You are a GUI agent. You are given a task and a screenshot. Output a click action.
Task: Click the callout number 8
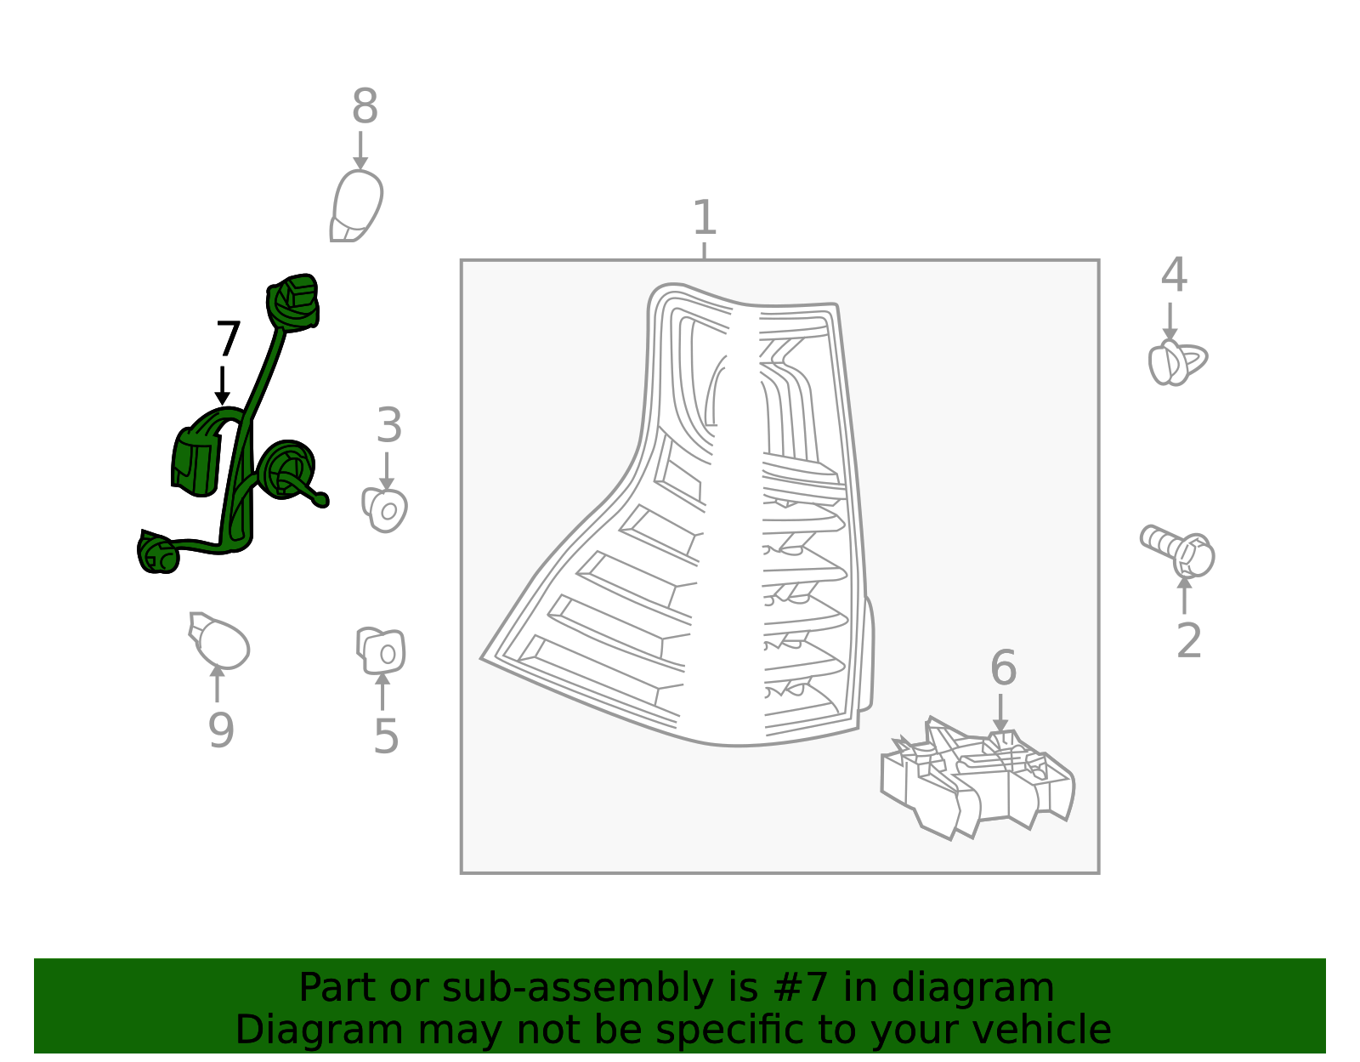click(365, 105)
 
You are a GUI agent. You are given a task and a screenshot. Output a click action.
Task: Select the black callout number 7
click(228, 338)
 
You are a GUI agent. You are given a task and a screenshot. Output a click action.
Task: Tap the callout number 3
click(388, 425)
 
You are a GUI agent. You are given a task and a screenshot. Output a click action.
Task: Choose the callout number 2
click(1189, 640)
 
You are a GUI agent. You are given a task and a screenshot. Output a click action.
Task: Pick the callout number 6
click(1003, 667)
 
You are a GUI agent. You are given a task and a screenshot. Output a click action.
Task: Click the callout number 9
click(221, 730)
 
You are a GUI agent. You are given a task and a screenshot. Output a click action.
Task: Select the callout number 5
click(386, 736)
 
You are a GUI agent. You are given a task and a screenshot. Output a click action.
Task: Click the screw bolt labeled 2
click(1177, 551)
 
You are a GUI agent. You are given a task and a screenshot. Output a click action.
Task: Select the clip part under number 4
click(1177, 362)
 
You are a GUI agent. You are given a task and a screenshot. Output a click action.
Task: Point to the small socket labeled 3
click(384, 510)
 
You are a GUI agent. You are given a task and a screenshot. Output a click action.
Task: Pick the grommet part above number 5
click(381, 650)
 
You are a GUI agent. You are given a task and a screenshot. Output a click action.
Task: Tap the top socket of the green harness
click(292, 301)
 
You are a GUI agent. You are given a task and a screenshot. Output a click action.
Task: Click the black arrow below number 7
click(222, 385)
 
